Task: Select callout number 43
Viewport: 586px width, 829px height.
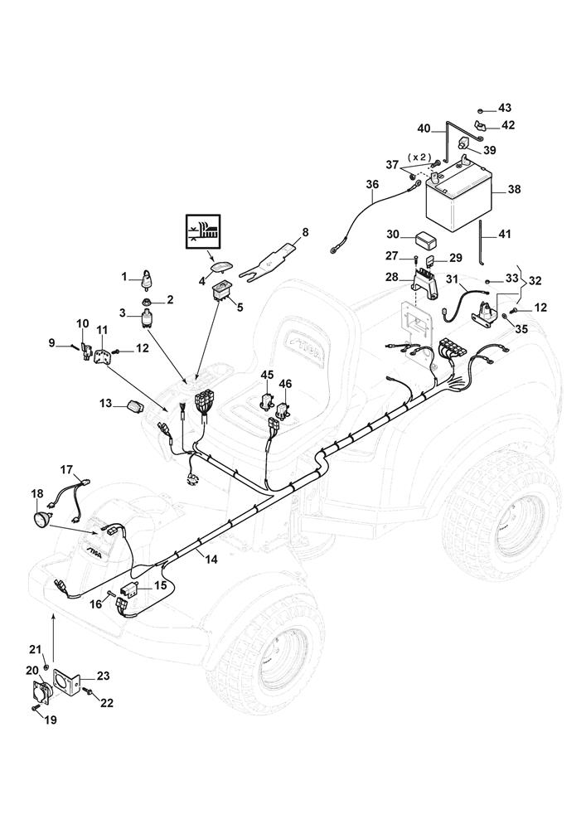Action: click(505, 109)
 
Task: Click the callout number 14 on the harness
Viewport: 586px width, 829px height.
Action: click(211, 560)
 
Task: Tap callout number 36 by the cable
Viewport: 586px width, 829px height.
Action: click(372, 184)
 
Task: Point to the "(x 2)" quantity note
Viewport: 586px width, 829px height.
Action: click(420, 157)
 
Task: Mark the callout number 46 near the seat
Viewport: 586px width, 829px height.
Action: click(285, 384)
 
